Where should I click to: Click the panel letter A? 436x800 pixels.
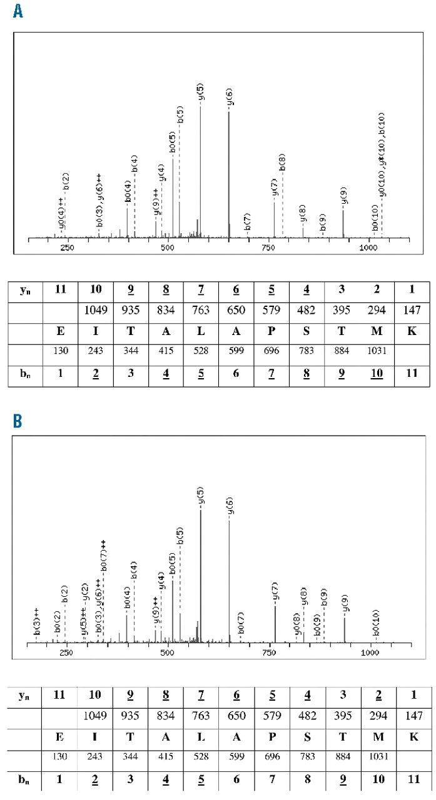click(x=18, y=11)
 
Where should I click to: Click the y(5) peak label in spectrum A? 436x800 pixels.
click(x=200, y=94)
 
